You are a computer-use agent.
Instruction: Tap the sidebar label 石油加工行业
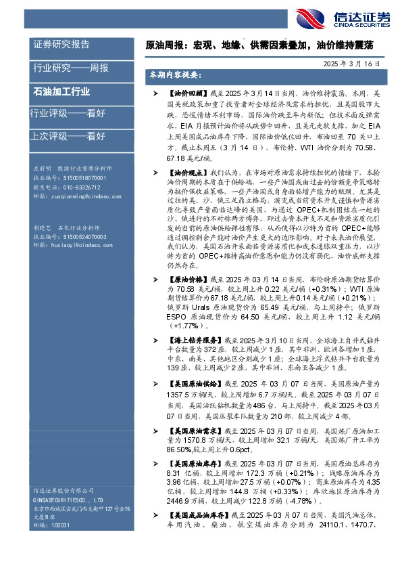pyautogui.click(x=61, y=91)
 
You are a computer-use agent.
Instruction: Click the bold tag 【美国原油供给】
pyautogui.click(x=189, y=383)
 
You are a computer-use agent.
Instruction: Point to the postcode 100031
pyautogui.click(x=60, y=525)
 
